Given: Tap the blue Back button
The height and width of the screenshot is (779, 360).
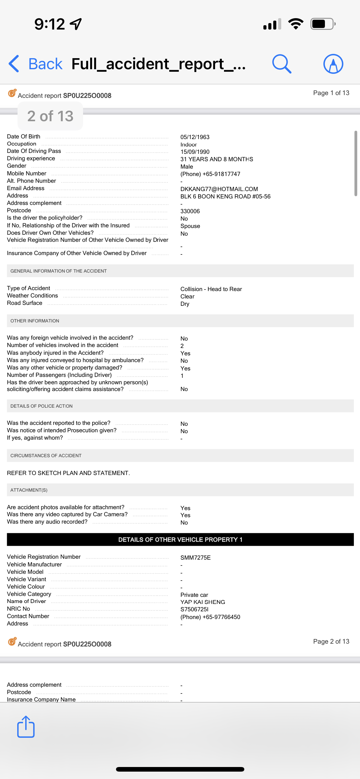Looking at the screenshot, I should (36, 64).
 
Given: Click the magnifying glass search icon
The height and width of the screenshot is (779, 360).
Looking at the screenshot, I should (282, 64).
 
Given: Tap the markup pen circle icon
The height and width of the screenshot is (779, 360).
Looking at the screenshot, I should (333, 64).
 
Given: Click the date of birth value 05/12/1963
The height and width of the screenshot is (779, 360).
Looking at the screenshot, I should (195, 137).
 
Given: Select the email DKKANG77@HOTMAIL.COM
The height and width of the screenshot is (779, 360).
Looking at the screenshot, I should (219, 189).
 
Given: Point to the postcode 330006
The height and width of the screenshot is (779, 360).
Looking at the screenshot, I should (190, 211).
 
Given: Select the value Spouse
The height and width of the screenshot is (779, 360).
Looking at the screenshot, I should (190, 226).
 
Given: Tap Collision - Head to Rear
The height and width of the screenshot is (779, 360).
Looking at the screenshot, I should (211, 289).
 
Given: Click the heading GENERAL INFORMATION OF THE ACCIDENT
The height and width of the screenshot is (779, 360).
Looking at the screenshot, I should (58, 271).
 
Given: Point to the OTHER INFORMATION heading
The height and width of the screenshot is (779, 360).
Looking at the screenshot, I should (35, 321).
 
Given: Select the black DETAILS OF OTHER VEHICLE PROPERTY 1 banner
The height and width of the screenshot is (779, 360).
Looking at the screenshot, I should (180, 540).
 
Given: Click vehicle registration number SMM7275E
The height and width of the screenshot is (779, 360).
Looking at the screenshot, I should (195, 558).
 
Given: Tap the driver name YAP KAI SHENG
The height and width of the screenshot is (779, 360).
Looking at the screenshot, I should (202, 602).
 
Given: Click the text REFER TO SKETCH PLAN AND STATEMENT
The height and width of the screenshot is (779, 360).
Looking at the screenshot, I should (68, 473).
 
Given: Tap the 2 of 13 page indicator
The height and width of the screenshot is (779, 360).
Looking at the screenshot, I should (50, 116).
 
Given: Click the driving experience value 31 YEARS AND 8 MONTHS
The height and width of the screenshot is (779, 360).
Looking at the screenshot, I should (217, 159).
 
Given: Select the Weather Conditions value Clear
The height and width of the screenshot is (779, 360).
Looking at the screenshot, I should (187, 297).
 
